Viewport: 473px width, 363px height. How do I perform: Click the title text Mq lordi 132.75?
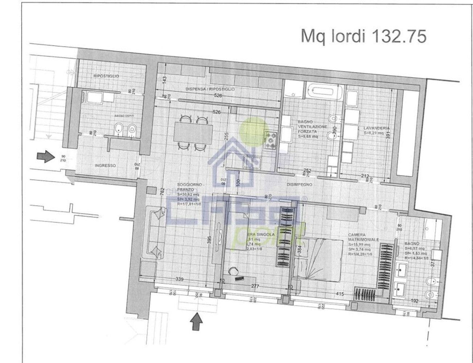click(x=363, y=37)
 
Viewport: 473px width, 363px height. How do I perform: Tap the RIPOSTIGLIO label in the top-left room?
click(x=106, y=76)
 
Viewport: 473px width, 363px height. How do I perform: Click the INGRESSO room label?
click(x=105, y=166)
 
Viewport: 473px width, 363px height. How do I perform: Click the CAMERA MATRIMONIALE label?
click(x=363, y=237)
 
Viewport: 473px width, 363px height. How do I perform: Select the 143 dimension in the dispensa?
click(x=164, y=78)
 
